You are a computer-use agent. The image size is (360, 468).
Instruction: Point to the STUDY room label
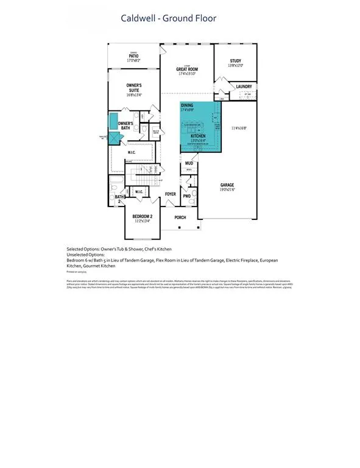pos(236,61)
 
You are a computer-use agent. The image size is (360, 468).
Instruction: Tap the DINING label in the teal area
pos(187,105)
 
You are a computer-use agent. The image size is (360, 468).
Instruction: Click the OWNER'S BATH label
pos(125,126)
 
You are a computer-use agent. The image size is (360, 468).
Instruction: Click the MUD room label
pos(189,163)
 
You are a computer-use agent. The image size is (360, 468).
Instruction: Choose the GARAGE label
pos(227,185)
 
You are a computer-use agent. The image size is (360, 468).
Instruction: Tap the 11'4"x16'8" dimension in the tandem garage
pos(239,128)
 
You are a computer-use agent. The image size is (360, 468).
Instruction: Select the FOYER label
pos(171,194)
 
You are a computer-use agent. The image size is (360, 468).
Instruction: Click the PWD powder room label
pos(187,196)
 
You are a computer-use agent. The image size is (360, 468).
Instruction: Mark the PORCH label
pos(181,217)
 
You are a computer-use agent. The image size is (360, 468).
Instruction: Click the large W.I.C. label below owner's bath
pos(131,153)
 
